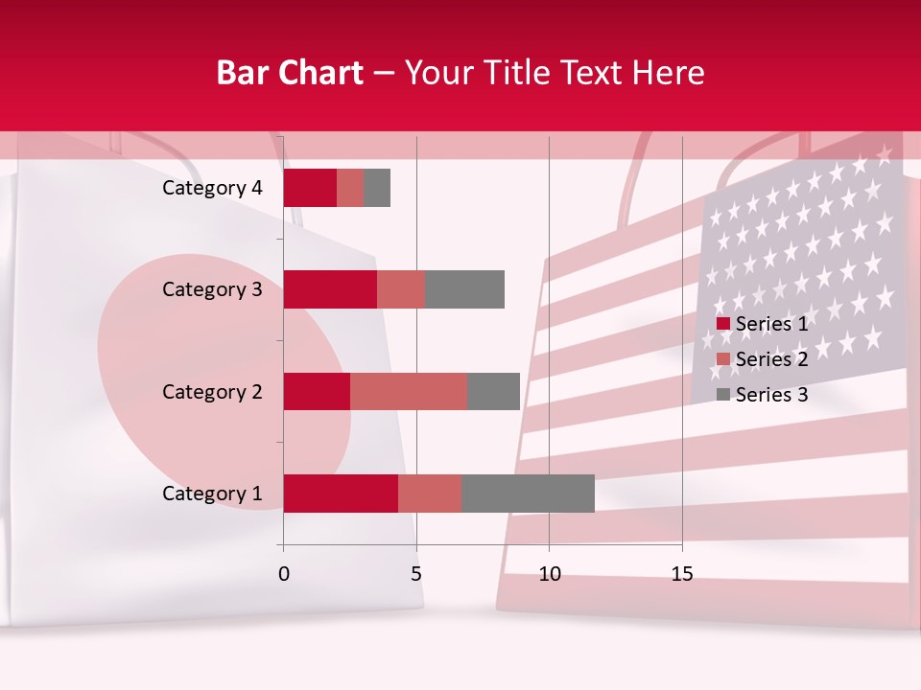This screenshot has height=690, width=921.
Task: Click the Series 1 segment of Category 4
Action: pyautogui.click(x=310, y=188)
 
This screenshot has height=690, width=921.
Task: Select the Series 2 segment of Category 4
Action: pyautogui.click(x=350, y=188)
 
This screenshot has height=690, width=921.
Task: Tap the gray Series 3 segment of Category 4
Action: pyautogui.click(x=377, y=188)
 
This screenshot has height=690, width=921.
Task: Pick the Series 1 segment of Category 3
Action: pyautogui.click(x=330, y=289)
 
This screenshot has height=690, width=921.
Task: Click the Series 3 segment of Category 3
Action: pyautogui.click(x=464, y=289)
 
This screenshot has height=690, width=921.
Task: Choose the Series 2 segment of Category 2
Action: pyautogui.click(x=409, y=391)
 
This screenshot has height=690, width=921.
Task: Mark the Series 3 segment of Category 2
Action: pyautogui.click(x=493, y=391)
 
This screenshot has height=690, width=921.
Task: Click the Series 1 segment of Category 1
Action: pyautogui.click(x=341, y=494)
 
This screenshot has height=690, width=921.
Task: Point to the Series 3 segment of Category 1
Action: pyautogui.click(x=528, y=494)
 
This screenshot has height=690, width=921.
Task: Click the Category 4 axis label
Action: pyautogui.click(x=212, y=188)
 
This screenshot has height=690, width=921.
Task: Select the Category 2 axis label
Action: pyautogui.click(x=212, y=392)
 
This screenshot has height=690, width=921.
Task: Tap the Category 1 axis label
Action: pyautogui.click(x=212, y=494)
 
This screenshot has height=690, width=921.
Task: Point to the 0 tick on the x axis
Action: pyautogui.click(x=284, y=574)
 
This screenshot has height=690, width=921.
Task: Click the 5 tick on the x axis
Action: pyautogui.click(x=416, y=574)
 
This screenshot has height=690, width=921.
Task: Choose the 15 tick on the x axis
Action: pyautogui.click(x=681, y=574)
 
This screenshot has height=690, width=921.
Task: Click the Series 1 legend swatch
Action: pyautogui.click(x=723, y=324)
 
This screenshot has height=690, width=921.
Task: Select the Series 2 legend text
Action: pyautogui.click(x=771, y=359)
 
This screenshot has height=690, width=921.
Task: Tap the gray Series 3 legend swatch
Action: pyautogui.click(x=723, y=395)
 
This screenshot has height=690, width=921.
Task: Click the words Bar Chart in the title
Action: pyautogui.click(x=289, y=73)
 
